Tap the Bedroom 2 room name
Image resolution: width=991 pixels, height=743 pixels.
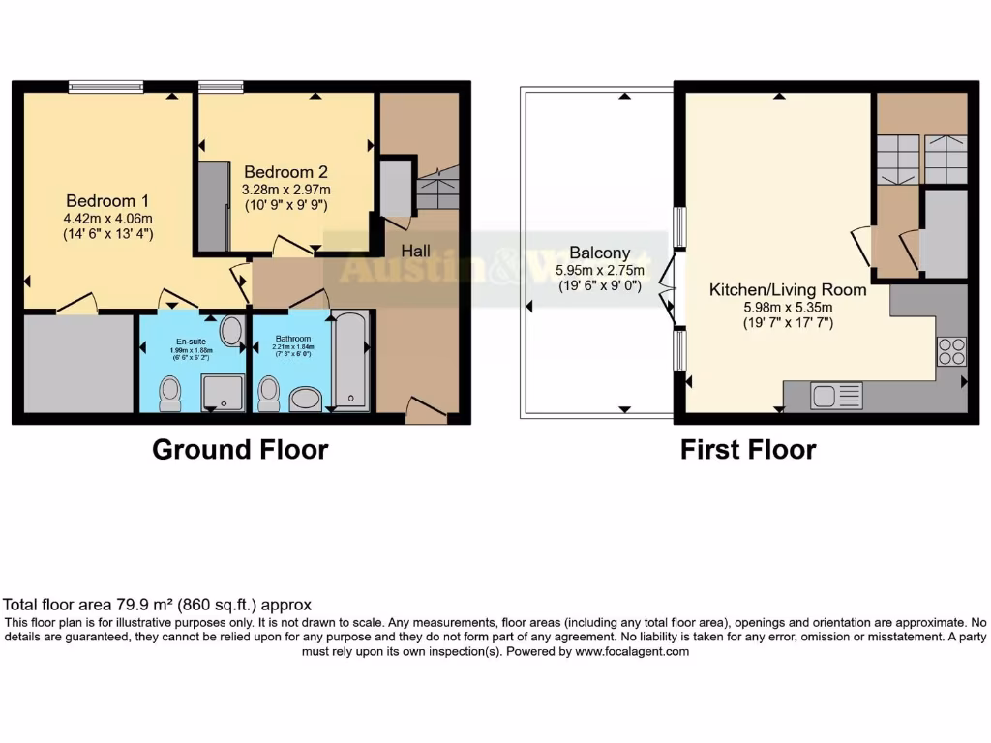click(x=285, y=172)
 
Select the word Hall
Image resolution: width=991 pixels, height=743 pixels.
click(x=416, y=251)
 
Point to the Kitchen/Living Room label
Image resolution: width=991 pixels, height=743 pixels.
click(x=788, y=289)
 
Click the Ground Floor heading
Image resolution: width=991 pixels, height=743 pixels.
click(x=240, y=450)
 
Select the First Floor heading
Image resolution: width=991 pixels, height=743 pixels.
click(x=748, y=450)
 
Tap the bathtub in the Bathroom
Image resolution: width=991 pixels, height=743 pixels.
click(x=351, y=361)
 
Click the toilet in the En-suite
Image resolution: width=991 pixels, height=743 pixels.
click(x=170, y=393)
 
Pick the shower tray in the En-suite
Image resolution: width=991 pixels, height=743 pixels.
click(x=224, y=393)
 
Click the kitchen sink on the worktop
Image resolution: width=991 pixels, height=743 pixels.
click(x=826, y=395)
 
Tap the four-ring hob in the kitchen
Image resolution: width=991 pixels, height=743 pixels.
click(x=950, y=350)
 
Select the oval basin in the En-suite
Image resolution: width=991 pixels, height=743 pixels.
click(x=233, y=332)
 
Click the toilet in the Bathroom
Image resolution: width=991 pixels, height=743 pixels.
click(x=269, y=394)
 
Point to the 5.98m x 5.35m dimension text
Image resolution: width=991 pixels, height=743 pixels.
click(x=788, y=306)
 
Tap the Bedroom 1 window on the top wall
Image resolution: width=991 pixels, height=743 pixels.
click(x=106, y=87)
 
